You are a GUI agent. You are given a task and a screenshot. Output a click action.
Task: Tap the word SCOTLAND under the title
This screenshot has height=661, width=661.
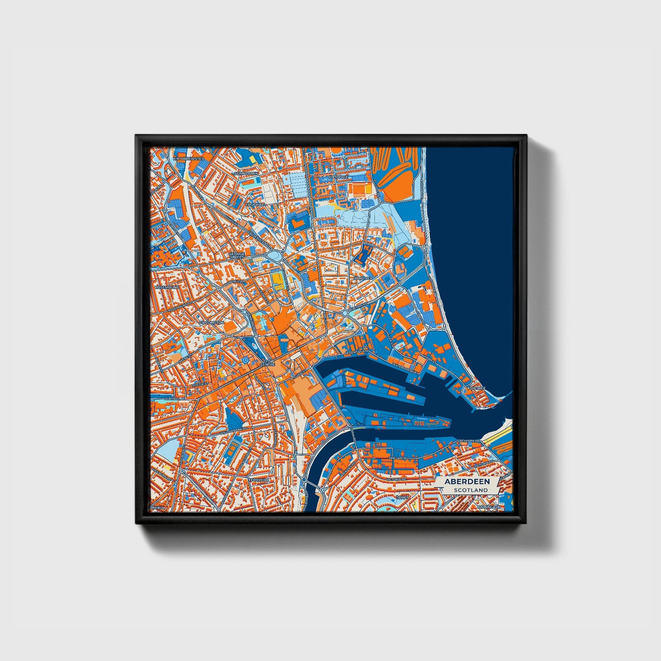point(471,490)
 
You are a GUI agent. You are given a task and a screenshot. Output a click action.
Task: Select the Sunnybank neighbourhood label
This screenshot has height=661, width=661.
point(247,174)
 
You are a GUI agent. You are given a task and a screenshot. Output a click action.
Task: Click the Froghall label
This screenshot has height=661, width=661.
point(255,204)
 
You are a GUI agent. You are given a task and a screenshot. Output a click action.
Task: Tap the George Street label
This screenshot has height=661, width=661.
point(237,255)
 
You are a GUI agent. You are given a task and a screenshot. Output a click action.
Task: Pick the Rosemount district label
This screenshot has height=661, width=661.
point(167,287)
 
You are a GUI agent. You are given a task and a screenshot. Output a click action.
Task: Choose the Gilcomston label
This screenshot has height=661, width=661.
point(212,322)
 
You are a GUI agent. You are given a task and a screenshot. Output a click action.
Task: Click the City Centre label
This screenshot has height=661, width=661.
point(267,362)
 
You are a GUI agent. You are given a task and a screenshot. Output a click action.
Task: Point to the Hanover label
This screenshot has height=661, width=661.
point(363,278)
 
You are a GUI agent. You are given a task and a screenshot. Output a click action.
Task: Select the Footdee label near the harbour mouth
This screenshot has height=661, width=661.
point(476,388)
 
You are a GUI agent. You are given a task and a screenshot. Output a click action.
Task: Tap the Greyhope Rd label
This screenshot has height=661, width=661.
point(467,441)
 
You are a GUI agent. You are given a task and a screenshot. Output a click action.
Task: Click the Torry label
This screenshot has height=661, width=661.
point(403,497)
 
